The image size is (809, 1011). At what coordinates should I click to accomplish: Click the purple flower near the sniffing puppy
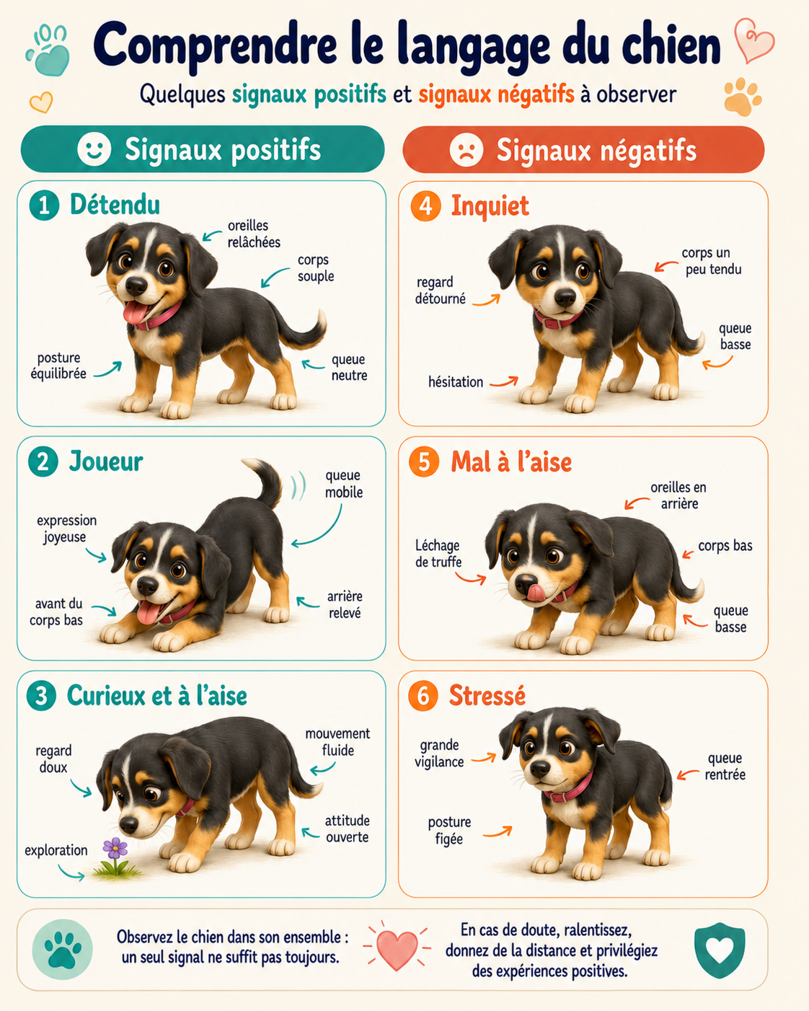click(115, 847)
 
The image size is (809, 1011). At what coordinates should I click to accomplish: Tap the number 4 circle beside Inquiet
click(425, 206)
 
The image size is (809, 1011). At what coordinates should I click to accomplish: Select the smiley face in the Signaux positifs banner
click(94, 149)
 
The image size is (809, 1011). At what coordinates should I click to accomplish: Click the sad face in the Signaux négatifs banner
click(467, 150)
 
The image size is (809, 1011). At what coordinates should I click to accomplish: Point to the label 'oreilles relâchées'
click(254, 234)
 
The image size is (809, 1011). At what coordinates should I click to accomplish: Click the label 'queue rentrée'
click(725, 766)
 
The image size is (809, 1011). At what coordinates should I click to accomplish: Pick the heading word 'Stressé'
click(487, 695)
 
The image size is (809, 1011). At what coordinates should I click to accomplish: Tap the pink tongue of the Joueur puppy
click(149, 612)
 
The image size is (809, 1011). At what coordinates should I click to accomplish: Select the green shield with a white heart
click(720, 950)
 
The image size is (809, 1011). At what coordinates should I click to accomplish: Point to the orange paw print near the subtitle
click(742, 97)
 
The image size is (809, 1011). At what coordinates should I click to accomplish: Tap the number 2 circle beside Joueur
click(43, 462)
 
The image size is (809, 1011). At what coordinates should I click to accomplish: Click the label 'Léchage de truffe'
click(438, 553)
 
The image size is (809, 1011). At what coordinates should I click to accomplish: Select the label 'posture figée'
click(449, 830)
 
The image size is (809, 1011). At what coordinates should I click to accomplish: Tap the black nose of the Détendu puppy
click(136, 286)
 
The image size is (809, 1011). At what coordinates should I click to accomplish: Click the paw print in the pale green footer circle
click(61, 950)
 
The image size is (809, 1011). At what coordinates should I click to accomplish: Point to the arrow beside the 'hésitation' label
click(504, 381)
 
